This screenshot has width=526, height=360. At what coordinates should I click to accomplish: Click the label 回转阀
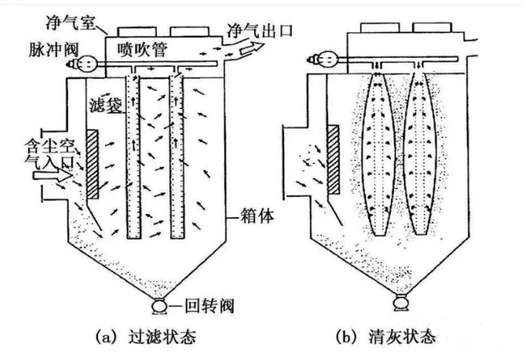click(x=204, y=306)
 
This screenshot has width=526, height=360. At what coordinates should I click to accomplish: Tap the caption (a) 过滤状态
click(x=146, y=337)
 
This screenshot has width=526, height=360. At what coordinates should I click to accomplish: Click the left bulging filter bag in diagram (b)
click(x=379, y=155)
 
